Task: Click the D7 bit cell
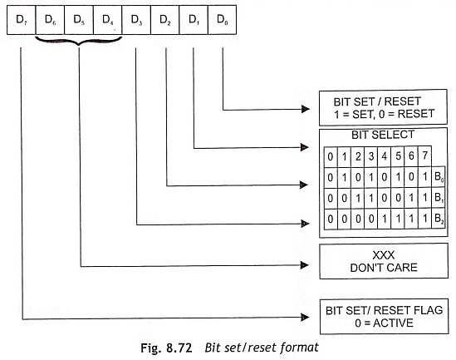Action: pyautogui.click(x=22, y=20)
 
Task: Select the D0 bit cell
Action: pyautogui.click(x=223, y=20)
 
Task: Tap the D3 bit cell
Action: pyautogui.click(x=136, y=20)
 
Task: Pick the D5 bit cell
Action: pyautogui.click(x=79, y=20)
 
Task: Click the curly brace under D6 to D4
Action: pyautogui.click(x=78, y=42)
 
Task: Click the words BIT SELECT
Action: pyautogui.click(x=383, y=135)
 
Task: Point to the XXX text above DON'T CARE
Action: pyautogui.click(x=384, y=255)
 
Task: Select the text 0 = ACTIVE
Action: pyautogui.click(x=384, y=323)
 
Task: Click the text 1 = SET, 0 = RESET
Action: pyautogui.click(x=385, y=114)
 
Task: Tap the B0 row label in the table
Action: pyautogui.click(x=439, y=177)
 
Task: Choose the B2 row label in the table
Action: pyautogui.click(x=439, y=219)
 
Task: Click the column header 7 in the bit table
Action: pyautogui.click(x=425, y=156)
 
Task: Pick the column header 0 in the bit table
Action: pyautogui.click(x=331, y=156)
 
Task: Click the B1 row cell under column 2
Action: pyautogui.click(x=358, y=198)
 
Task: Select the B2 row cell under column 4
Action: pyautogui.click(x=385, y=219)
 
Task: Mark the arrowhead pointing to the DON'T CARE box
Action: pyautogui.click(x=305, y=265)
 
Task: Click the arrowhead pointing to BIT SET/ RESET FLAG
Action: pyautogui.click(x=305, y=318)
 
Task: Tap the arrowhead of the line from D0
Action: pyautogui.click(x=306, y=109)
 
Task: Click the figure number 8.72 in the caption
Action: pyautogui.click(x=179, y=348)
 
